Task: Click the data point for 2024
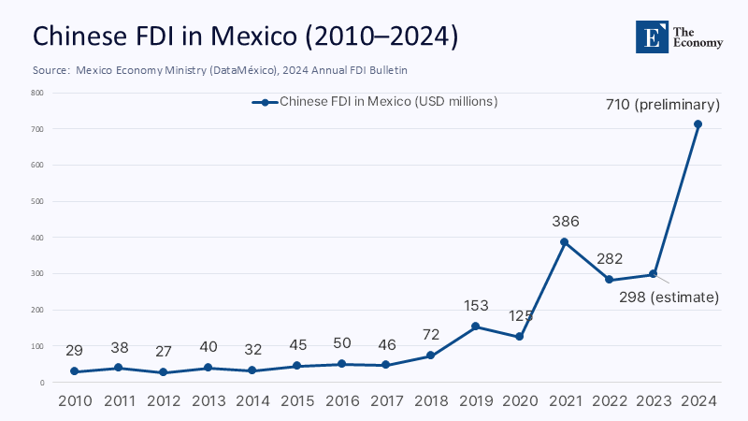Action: click(698, 124)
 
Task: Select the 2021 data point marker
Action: click(565, 242)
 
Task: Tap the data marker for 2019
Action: click(476, 327)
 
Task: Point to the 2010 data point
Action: click(74, 371)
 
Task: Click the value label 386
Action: click(565, 222)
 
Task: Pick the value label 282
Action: click(610, 259)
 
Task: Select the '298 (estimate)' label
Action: click(669, 298)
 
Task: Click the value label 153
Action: click(476, 306)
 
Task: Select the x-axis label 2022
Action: click(609, 400)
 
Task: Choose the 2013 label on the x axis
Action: click(208, 400)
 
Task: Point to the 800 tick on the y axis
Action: click(37, 93)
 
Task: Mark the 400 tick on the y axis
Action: click(37, 238)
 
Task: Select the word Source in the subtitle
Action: click(50, 70)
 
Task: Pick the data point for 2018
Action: click(431, 356)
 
